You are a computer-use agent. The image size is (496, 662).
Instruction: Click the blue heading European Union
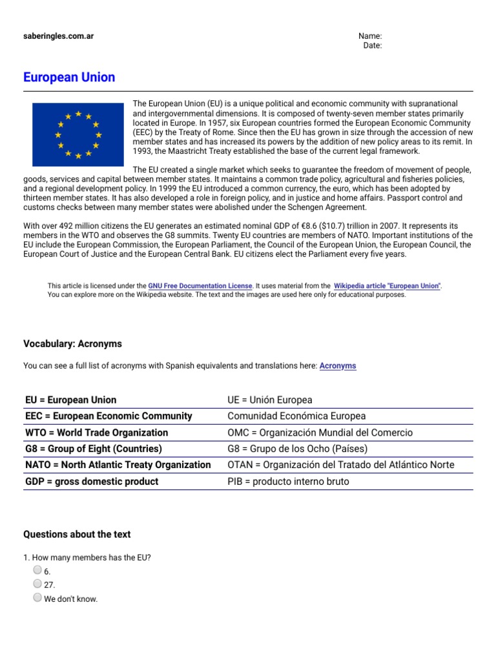(69, 78)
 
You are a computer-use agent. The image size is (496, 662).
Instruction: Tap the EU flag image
(77, 134)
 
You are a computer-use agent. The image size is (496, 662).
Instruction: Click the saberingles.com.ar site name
(58, 36)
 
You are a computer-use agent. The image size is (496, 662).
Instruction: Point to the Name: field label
(370, 36)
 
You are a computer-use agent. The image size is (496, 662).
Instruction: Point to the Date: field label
(373, 46)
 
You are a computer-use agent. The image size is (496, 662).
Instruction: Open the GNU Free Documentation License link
(200, 286)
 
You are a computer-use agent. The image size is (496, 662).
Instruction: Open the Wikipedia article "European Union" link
(387, 286)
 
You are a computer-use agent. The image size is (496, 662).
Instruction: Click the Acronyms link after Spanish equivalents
(337, 366)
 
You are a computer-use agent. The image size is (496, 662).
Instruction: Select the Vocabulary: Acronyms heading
(72, 344)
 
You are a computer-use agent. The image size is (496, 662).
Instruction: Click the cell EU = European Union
(71, 400)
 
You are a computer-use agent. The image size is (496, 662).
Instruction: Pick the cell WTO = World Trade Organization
(96, 432)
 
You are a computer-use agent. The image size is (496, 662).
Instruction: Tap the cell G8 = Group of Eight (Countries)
(93, 449)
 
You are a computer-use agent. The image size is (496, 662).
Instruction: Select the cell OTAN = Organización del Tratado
(340, 465)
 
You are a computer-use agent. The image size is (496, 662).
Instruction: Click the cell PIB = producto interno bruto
(288, 482)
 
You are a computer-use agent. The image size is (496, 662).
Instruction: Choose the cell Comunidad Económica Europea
(296, 416)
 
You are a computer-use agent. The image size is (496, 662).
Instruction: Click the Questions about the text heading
(77, 534)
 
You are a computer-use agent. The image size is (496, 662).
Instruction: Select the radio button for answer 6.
(37, 570)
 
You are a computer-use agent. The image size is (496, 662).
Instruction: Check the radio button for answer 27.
(37, 584)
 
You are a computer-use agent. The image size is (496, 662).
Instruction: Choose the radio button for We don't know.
(37, 598)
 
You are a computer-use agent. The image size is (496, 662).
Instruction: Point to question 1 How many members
(87, 557)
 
